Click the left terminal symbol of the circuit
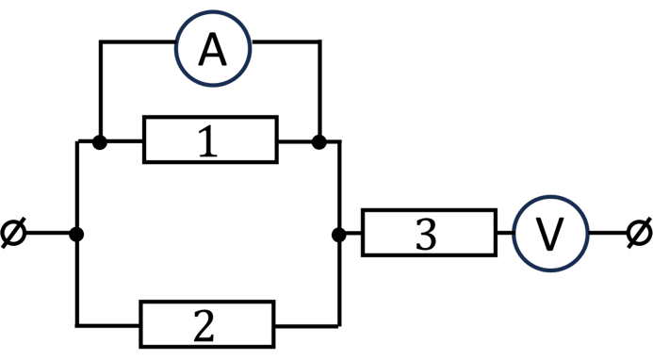tap(13, 233)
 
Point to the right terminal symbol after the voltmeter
tap(640, 233)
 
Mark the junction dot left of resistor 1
tap(100, 142)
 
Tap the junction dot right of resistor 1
tap(319, 142)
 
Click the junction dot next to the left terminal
tap(76, 234)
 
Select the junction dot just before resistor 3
tap(339, 235)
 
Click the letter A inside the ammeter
tap(212, 50)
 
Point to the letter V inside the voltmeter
tap(549, 235)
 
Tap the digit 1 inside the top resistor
tap(208, 141)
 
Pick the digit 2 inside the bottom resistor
tap(204, 326)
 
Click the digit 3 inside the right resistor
tap(426, 234)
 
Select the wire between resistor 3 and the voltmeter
tap(505, 233)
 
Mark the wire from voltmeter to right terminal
tap(609, 233)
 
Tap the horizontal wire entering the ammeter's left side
tap(138, 41)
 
